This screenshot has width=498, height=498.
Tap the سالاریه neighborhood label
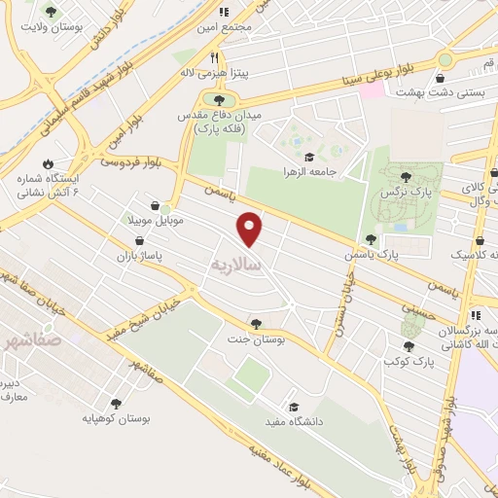coord(236,264)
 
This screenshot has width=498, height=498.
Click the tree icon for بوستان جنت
coord(256,324)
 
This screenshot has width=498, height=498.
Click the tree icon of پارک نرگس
coord(406,176)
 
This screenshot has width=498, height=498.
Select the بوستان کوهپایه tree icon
coord(116,404)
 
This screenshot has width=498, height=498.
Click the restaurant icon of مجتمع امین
coord(223,13)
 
